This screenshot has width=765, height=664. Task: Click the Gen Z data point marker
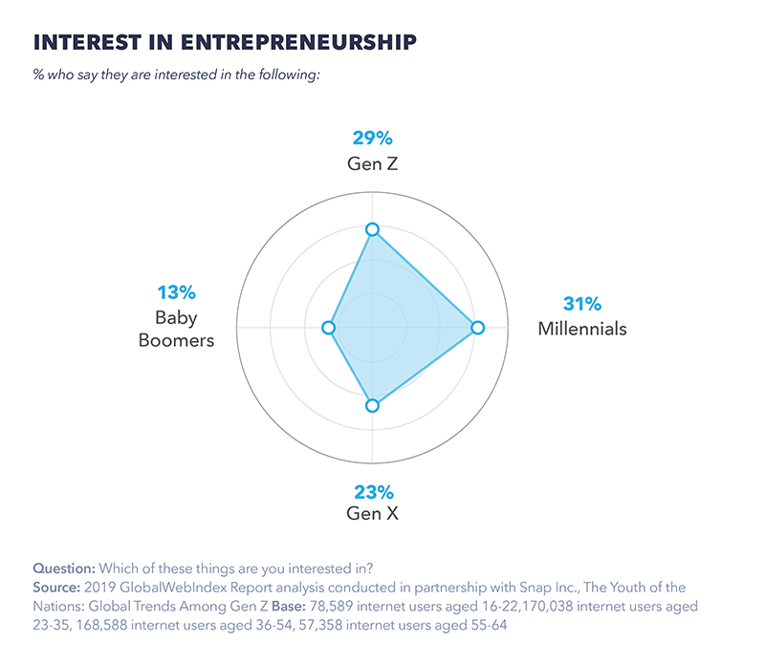point(373,229)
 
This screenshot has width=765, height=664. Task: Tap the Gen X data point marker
point(373,406)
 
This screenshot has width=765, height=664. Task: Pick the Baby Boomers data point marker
point(329,328)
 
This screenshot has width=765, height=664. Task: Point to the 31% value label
point(582,305)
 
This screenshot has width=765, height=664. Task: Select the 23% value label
point(373,493)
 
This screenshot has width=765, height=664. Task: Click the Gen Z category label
point(373,163)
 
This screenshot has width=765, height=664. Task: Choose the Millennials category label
point(582,330)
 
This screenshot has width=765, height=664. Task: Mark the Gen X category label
point(373,515)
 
